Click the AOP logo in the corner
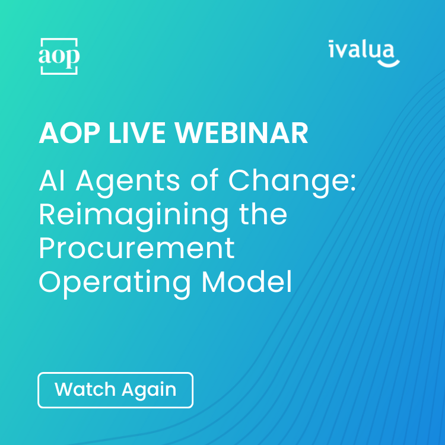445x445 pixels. coord(59,56)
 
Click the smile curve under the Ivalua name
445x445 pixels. coord(389,61)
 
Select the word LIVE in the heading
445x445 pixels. coord(141,134)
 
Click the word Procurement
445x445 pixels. coord(137,249)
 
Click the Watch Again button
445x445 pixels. coord(115,390)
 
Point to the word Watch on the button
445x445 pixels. coord(85,390)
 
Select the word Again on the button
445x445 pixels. coord(149,390)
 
